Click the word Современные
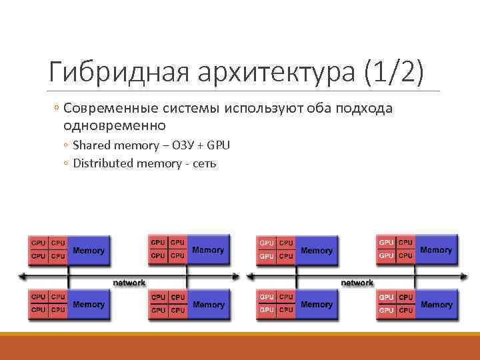[x=109, y=109]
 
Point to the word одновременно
[x=114, y=125]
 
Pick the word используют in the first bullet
[x=275, y=109]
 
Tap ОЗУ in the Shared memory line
[x=180, y=145]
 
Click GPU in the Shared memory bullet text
[x=219, y=145]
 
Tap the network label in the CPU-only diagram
[x=129, y=283]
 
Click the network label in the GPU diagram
[x=357, y=283]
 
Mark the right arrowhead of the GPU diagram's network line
[x=463, y=275]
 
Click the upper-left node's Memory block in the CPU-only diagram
[x=89, y=251]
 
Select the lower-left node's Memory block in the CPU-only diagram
[x=89, y=305]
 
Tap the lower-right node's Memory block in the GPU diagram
[x=437, y=305]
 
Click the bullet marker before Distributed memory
[x=67, y=163]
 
